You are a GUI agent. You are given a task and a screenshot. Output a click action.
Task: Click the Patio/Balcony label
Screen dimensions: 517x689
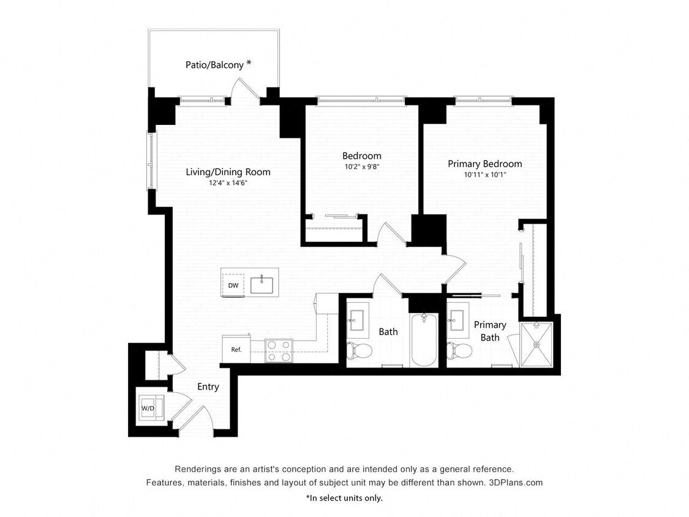(215, 64)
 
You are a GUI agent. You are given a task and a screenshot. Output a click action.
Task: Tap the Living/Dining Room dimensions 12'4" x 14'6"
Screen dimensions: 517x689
(228, 183)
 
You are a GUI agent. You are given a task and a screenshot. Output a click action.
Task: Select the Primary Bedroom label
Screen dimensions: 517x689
(484, 164)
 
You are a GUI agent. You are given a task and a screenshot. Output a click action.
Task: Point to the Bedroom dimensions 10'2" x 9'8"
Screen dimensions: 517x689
(361, 166)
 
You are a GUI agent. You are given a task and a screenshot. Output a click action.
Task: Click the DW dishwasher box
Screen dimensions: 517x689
(233, 285)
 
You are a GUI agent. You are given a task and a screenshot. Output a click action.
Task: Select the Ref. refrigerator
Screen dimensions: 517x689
(236, 350)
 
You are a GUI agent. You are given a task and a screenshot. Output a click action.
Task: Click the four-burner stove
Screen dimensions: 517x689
(279, 350)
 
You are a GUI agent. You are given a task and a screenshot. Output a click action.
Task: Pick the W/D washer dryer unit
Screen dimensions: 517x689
(148, 408)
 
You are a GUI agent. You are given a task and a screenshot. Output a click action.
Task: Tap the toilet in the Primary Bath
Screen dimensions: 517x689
(460, 350)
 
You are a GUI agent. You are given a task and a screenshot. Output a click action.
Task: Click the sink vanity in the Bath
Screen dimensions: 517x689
(357, 320)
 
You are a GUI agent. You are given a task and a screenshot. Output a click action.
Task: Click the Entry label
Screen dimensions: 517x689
(208, 387)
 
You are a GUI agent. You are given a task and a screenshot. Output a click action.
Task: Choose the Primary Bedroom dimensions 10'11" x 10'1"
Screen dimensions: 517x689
(484, 175)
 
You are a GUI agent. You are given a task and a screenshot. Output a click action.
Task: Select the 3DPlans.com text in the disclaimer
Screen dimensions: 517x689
(516, 482)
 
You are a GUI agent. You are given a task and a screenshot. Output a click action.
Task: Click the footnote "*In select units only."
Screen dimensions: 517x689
(344, 498)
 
